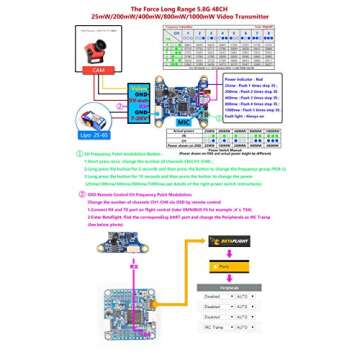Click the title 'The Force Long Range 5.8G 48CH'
pyautogui.click(x=179, y=7)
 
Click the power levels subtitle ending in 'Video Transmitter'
pyautogui.click(x=179, y=18)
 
